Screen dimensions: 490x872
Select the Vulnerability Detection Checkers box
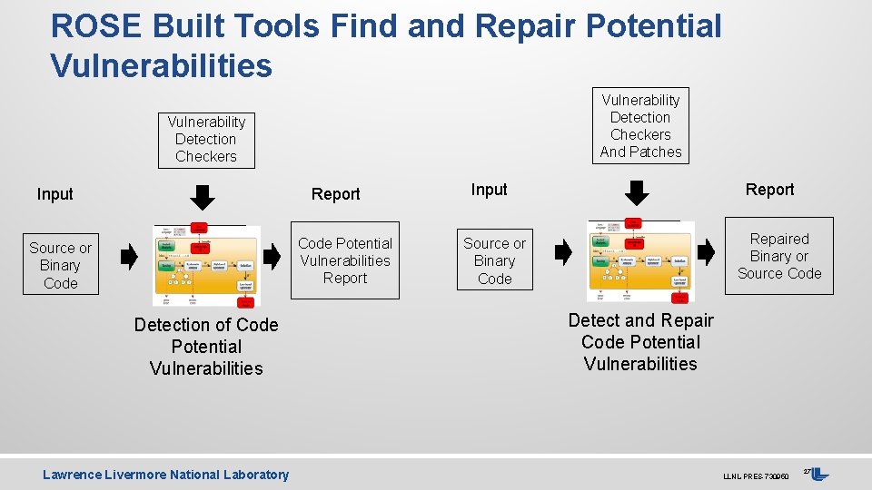(206, 139)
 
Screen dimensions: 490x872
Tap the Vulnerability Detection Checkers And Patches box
(640, 126)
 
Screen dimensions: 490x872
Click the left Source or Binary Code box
(60, 265)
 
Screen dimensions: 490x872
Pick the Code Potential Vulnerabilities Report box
(345, 260)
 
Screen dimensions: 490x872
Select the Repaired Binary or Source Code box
(778, 256)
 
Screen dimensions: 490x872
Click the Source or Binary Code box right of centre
(494, 260)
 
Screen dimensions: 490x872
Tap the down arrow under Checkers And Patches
(639, 192)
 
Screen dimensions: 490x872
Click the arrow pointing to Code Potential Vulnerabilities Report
(272, 258)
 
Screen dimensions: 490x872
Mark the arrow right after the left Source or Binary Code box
(129, 258)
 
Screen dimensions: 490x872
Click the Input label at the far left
(54, 194)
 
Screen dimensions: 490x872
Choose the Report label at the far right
(769, 190)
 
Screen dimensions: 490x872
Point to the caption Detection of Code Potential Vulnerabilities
(206, 347)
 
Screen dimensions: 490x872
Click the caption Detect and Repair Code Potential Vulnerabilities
(640, 342)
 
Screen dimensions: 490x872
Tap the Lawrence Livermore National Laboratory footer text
(165, 475)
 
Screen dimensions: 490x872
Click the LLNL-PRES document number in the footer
(755, 476)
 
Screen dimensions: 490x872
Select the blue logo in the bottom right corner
(819, 474)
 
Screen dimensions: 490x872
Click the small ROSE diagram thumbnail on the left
(206, 263)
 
